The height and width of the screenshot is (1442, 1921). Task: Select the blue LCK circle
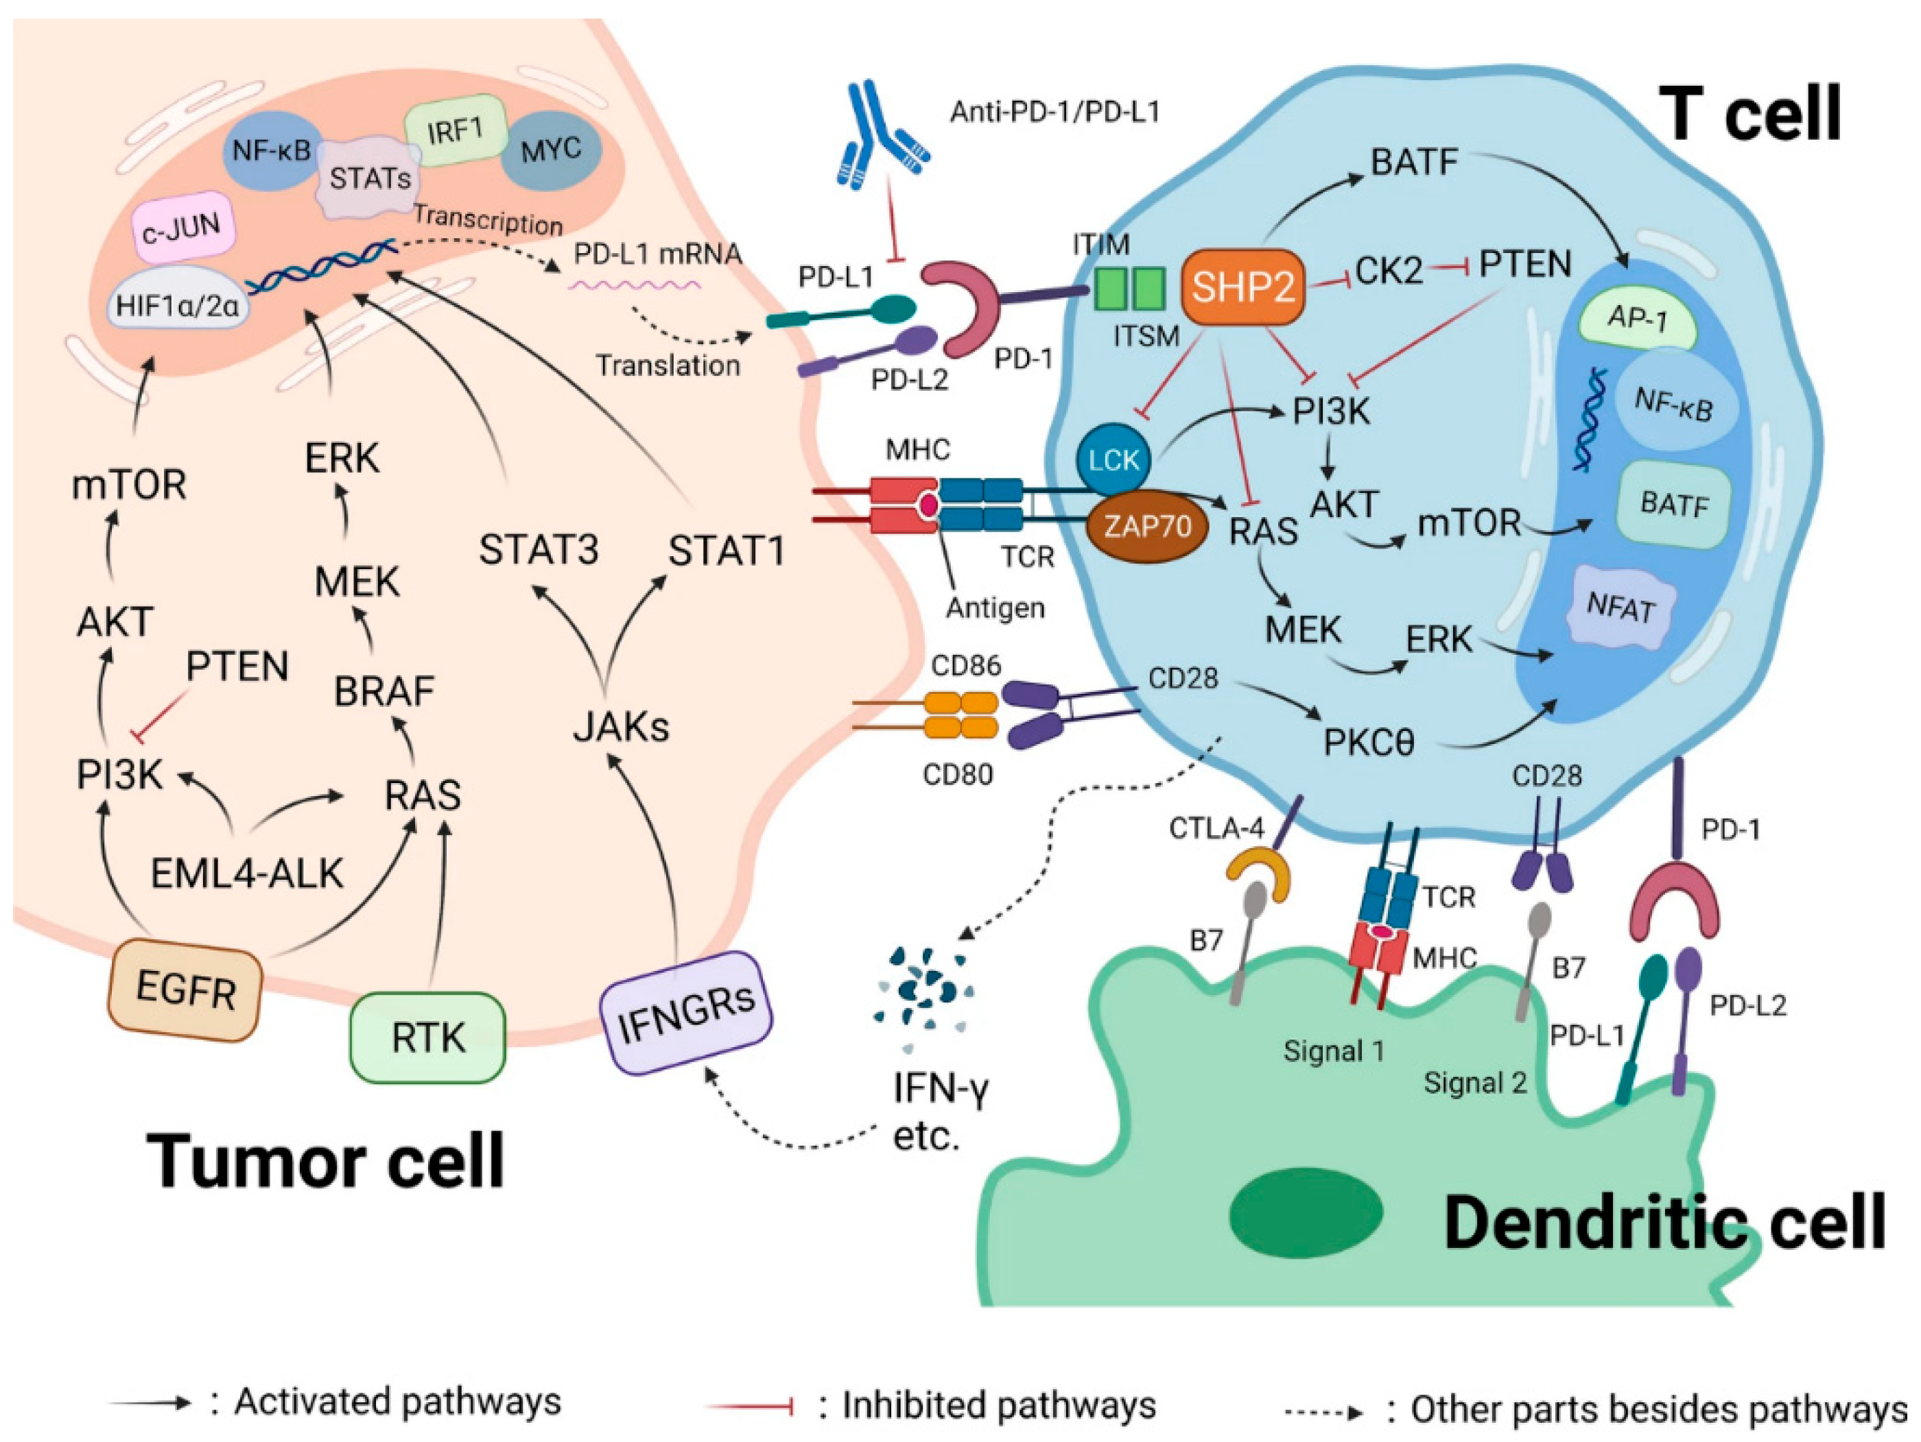tap(1113, 459)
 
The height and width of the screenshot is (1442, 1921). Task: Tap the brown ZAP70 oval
tap(1148, 525)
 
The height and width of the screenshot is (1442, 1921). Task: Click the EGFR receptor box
tap(185, 989)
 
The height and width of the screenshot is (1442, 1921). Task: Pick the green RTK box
tap(427, 1037)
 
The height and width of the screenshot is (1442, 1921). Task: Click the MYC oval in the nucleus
tap(552, 149)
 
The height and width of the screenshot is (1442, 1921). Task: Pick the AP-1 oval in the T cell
tap(1637, 320)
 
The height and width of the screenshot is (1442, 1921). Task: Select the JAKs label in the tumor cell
tap(621, 727)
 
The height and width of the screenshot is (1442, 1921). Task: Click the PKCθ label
tap(1369, 743)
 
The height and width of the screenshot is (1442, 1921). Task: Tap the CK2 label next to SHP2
tap(1389, 272)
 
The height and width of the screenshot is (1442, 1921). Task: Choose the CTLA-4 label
tap(1216, 828)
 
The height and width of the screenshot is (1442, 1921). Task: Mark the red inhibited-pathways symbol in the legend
tap(749, 1406)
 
